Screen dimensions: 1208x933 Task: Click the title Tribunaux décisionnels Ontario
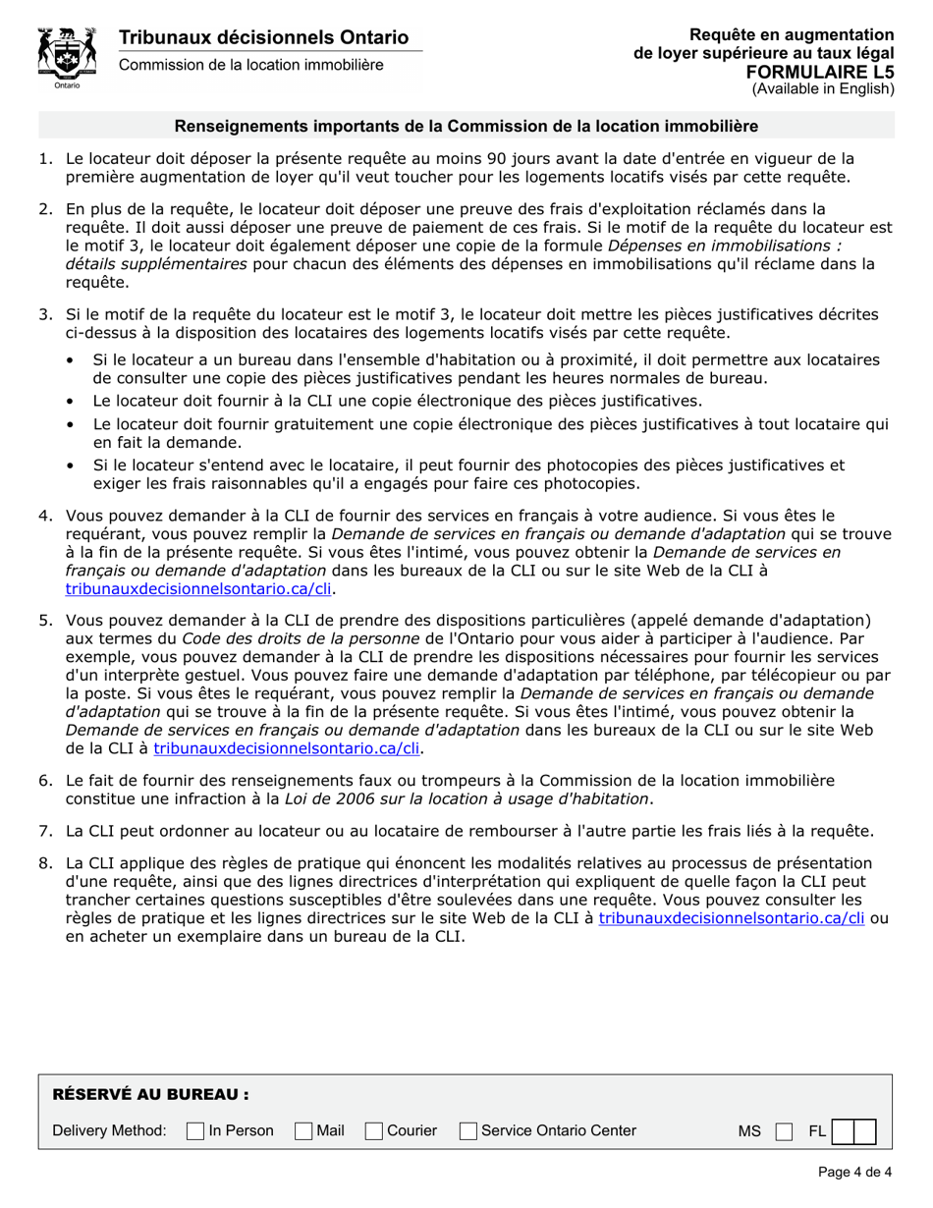(263, 37)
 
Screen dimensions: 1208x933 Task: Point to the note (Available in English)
(823, 89)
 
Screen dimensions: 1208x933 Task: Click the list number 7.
(44, 831)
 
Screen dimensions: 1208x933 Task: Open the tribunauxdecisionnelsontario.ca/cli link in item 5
(287, 748)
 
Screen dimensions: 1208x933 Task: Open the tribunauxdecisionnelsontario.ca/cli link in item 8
(732, 917)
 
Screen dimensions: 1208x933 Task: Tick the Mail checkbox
(304, 1130)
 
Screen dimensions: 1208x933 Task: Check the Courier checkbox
(373, 1130)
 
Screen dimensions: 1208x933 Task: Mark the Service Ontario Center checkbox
(468, 1130)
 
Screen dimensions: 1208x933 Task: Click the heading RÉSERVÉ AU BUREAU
(149, 1094)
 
